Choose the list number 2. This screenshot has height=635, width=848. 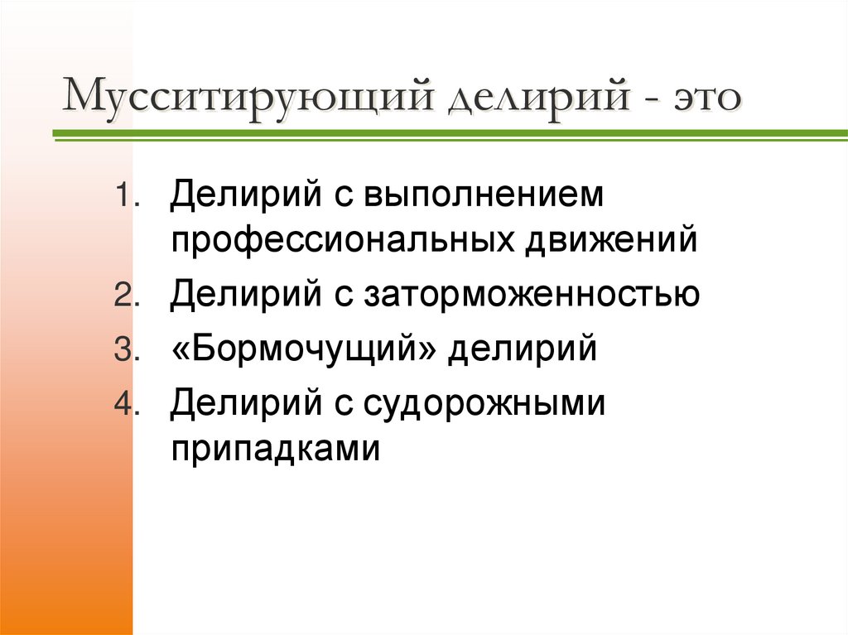[x=123, y=296]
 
